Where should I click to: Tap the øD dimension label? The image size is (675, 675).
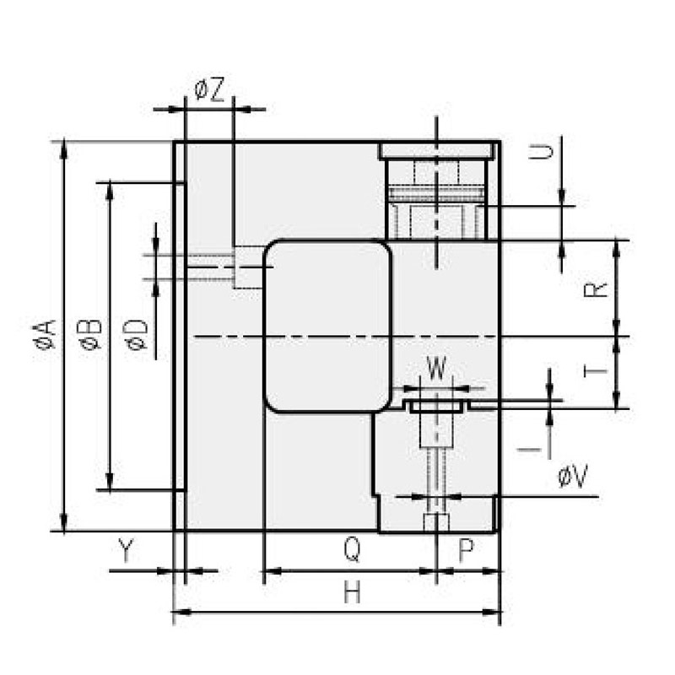click(137, 335)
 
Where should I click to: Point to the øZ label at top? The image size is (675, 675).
click(208, 90)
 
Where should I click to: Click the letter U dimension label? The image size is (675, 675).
click(546, 153)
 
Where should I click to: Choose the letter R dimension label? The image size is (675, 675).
click(596, 289)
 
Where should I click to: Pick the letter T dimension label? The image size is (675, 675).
click(596, 371)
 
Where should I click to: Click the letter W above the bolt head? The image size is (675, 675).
click(436, 369)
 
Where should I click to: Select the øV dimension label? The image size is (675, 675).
click(573, 478)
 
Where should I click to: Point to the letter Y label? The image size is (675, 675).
click(126, 552)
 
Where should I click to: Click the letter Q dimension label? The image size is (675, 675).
click(353, 552)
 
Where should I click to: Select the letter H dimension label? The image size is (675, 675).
click(352, 593)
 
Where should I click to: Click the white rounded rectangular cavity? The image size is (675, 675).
click(328, 326)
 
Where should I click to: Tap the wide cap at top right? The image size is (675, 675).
click(435, 151)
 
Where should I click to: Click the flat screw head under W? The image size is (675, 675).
click(436, 406)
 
